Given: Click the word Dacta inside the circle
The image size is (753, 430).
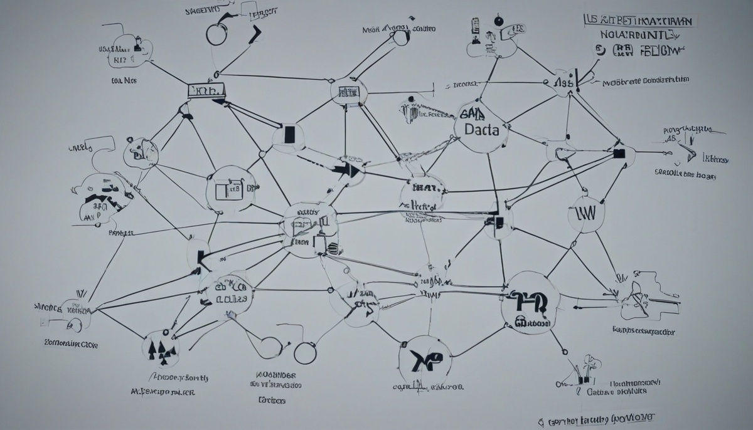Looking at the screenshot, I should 481,131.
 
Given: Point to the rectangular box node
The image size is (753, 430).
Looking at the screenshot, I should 206,91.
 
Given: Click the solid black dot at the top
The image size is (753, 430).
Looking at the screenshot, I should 499,21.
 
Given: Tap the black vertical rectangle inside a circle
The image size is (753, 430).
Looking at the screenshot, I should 289,134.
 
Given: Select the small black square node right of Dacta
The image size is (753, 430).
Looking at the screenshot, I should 619,152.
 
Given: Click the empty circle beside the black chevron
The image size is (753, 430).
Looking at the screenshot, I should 215,35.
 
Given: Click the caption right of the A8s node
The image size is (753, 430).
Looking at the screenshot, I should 645,81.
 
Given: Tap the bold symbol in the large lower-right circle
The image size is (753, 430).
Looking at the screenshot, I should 529,302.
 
